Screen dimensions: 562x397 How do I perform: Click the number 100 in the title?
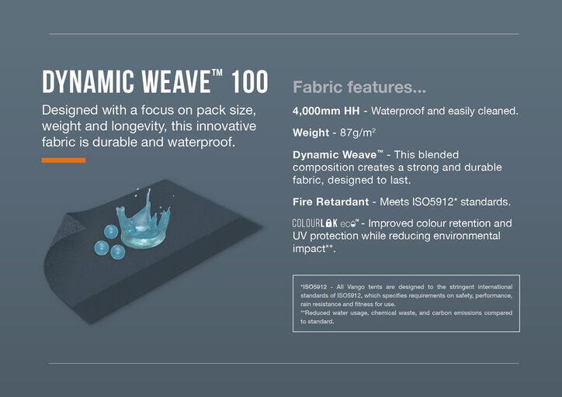249,81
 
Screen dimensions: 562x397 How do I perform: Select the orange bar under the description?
64,161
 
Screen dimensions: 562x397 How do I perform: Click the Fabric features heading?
359,87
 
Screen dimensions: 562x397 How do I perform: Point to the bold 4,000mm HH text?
326,111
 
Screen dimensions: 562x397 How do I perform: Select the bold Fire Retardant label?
331,202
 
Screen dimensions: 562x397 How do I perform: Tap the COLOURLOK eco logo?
325,223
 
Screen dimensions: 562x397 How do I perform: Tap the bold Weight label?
310,133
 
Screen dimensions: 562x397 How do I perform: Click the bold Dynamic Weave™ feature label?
338,154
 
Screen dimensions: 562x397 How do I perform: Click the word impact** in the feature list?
314,249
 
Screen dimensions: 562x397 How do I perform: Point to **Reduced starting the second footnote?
315,313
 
